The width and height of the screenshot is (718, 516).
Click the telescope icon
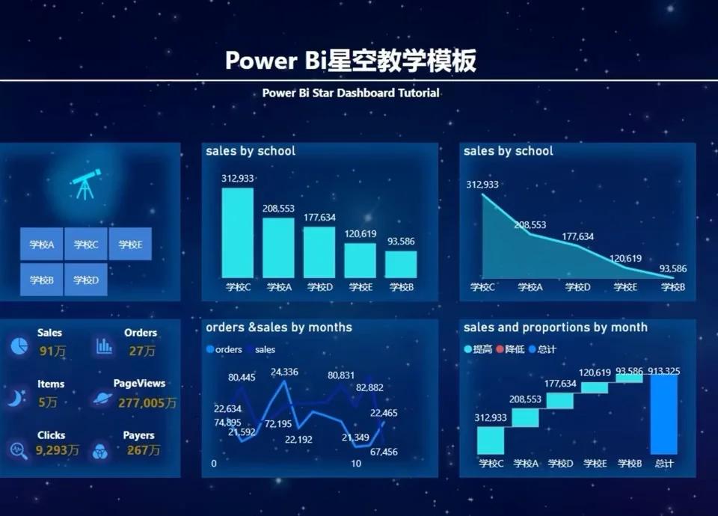click(85, 184)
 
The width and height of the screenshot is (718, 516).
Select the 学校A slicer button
click(42, 244)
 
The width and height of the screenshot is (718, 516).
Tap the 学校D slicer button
click(86, 279)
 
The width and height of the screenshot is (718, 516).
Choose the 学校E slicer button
click(130, 244)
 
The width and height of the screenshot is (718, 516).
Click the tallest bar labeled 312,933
click(238, 233)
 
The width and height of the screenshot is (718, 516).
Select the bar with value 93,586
click(401, 264)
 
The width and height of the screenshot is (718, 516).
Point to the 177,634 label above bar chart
click(319, 218)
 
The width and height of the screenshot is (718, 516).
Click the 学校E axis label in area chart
click(625, 287)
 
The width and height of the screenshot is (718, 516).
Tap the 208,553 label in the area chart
click(530, 225)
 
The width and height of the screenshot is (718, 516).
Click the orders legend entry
click(224, 349)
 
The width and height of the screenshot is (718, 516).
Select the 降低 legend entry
click(510, 349)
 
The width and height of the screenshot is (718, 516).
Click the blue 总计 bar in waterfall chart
click(663, 414)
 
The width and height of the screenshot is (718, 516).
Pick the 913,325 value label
click(663, 371)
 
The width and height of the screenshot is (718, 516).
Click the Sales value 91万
click(52, 351)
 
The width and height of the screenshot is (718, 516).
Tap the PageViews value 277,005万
click(147, 403)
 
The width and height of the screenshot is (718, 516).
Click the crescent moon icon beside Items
click(16, 398)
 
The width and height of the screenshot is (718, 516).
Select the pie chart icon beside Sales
click(19, 346)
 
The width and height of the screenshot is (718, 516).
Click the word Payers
click(139, 435)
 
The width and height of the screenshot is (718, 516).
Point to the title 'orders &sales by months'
click(279, 328)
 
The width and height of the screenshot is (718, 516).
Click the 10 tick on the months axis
click(356, 464)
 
